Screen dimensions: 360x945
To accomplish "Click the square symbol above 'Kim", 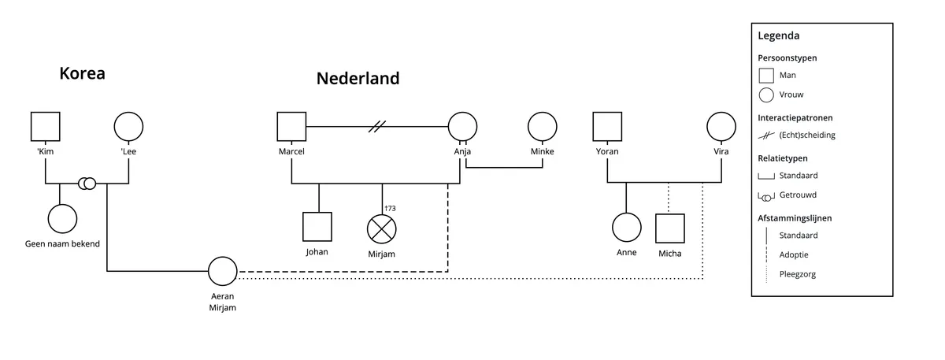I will [x=46, y=127].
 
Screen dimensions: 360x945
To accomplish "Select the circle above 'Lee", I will [x=128, y=127].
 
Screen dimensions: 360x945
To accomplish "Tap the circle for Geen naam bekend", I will [x=62, y=218].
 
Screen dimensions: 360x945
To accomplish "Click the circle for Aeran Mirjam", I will [x=223, y=272].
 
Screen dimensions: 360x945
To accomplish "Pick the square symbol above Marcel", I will [x=291, y=127].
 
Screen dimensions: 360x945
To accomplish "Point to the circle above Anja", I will [x=462, y=127].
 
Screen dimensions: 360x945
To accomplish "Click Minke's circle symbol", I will [x=542, y=127].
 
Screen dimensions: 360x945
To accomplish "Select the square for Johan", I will [x=318, y=228].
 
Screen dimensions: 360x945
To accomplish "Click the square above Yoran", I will [x=606, y=127].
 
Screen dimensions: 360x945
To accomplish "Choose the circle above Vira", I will [x=721, y=127].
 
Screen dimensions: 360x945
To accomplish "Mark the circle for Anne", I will [x=627, y=228].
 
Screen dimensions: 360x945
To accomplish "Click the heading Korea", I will [x=82, y=74].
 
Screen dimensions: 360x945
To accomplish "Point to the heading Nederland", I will [x=358, y=79].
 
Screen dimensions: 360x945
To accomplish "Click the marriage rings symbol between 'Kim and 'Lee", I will [x=87, y=184].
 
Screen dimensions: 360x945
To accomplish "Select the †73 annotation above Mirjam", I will [x=388, y=208].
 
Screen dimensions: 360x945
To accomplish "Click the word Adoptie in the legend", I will [x=793, y=254].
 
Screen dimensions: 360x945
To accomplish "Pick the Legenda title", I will [x=779, y=36].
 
